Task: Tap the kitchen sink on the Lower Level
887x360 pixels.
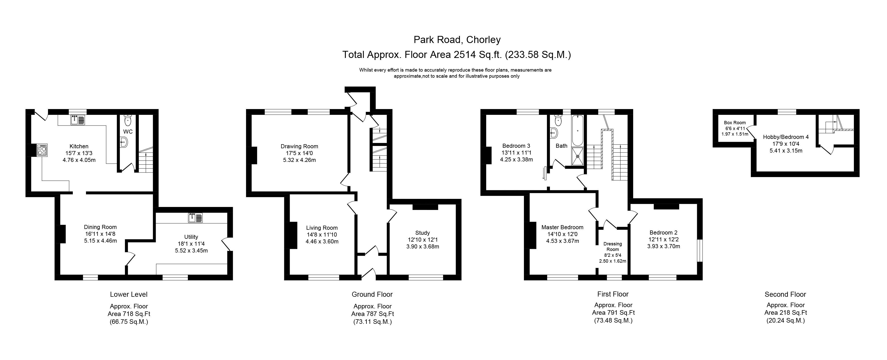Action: tap(78, 120)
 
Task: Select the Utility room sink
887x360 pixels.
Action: tap(195, 218)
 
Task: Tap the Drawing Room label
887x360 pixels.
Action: tap(299, 146)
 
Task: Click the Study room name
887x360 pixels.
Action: tap(423, 233)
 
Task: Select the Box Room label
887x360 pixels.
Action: tap(735, 123)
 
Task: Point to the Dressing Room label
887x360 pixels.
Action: tap(613, 247)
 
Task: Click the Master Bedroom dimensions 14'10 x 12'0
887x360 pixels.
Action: tap(562, 234)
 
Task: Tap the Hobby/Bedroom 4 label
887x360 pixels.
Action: tap(786, 137)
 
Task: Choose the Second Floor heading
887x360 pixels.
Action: tap(785, 294)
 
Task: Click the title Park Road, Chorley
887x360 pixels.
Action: tap(457, 40)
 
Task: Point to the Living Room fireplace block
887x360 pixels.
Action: tap(292, 235)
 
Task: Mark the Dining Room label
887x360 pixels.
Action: tap(100, 227)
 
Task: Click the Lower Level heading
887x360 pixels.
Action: tap(129, 294)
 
